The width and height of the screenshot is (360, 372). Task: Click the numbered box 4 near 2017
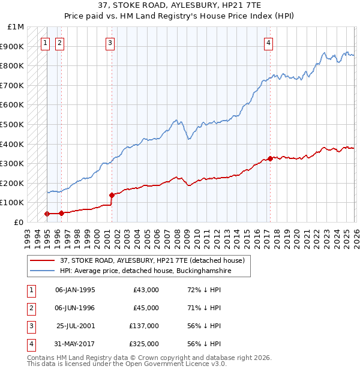269,43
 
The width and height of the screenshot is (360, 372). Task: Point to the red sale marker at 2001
112,195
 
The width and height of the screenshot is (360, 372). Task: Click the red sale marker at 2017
269,158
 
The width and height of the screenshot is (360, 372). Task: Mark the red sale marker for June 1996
61,213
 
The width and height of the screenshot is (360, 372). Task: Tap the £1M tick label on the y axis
16,27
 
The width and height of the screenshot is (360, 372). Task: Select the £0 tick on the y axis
19,222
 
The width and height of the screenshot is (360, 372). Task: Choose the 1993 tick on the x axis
27,233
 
